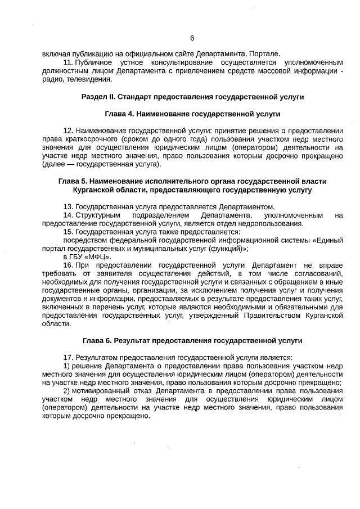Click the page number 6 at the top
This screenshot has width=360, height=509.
(192, 38)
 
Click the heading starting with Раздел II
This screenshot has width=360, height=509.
(192, 97)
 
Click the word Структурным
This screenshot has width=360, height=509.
(96, 215)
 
